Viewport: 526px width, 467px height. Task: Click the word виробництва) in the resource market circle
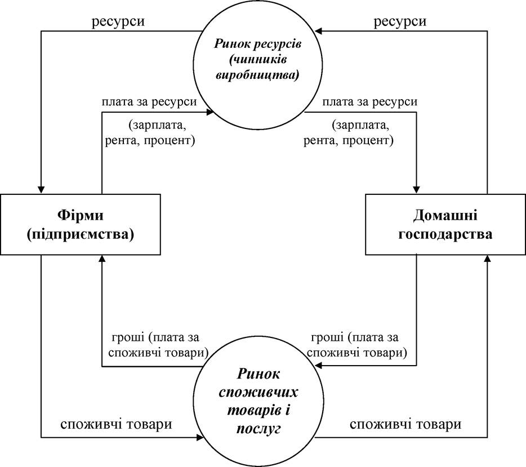point(257,75)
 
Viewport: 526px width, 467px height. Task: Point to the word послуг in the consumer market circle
point(258,429)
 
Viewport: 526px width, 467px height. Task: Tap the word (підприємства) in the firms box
point(80,234)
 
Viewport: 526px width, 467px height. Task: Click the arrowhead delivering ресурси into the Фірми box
point(41,190)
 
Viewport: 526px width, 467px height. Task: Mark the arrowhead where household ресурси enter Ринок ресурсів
point(318,31)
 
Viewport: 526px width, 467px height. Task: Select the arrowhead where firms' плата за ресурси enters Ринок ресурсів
point(210,112)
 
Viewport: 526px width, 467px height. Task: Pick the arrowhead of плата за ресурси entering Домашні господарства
point(416,190)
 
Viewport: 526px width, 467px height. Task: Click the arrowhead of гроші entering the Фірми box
point(102,259)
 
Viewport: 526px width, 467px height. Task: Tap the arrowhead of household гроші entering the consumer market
point(319,366)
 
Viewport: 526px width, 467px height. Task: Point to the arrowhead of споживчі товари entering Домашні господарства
point(487,259)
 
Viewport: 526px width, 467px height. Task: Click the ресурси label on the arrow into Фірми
point(118,21)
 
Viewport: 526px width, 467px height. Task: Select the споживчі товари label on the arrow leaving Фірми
point(116,424)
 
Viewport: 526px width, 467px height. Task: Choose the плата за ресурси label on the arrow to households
point(370,101)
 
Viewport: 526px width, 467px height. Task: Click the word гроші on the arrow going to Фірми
point(127,337)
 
